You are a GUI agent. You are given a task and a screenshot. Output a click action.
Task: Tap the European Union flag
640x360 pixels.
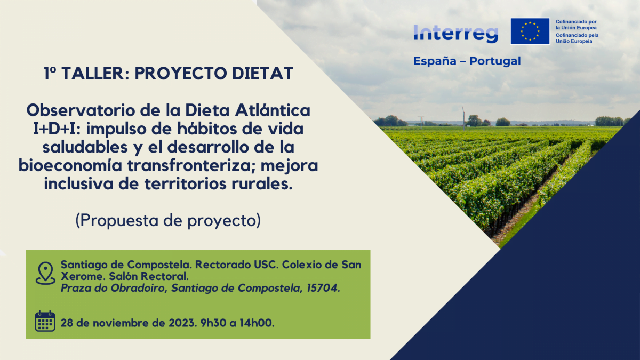click(530, 31)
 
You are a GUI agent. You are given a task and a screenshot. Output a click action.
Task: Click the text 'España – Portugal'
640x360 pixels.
click(467, 61)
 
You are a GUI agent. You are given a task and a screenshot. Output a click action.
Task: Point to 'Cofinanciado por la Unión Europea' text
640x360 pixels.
click(576, 25)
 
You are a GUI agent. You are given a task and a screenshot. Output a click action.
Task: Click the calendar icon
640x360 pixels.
click(45, 321)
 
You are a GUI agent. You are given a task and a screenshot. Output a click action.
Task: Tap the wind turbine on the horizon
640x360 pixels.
click(463, 116)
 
